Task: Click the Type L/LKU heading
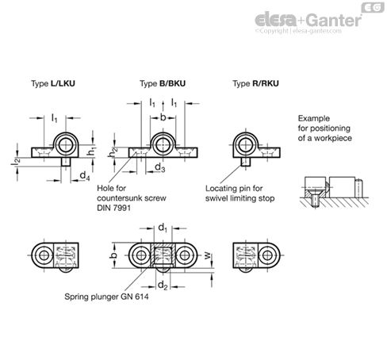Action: [53, 83]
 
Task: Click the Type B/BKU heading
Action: [163, 83]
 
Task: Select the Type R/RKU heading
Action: [255, 83]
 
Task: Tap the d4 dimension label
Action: [85, 175]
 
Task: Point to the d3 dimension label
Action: [159, 167]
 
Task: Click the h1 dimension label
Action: [91, 151]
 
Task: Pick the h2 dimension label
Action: [113, 152]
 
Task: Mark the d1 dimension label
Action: [163, 228]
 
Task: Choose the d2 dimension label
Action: [163, 285]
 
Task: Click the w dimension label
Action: [208, 255]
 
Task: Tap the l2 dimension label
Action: [15, 162]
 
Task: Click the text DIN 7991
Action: [113, 208]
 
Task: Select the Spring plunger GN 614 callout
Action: [106, 297]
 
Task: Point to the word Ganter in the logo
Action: [335, 20]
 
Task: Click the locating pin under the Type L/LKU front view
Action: [66, 162]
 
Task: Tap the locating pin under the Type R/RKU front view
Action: [246, 162]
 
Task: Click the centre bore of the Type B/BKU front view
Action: [163, 145]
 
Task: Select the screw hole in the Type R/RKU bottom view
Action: [267, 255]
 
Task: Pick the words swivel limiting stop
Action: [239, 198]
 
